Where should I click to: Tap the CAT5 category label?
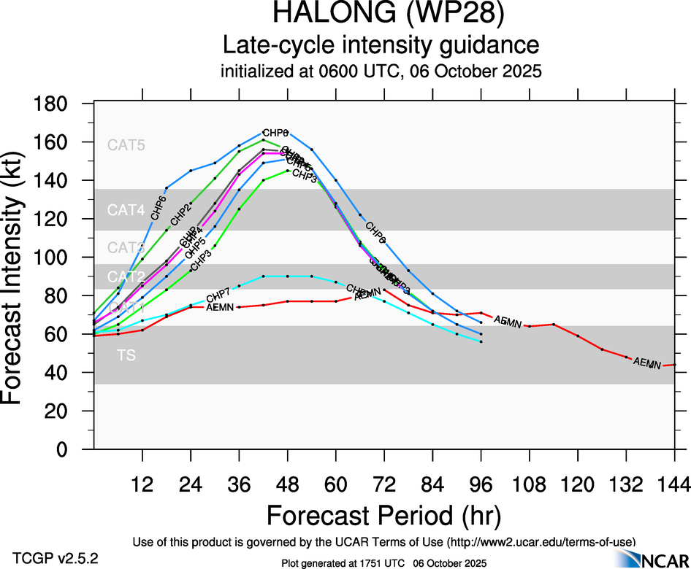point(126,145)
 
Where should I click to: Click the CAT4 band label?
point(126,211)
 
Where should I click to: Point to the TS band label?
point(126,355)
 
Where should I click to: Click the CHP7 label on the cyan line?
point(218,296)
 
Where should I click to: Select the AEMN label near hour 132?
point(647,363)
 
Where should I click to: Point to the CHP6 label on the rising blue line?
point(159,207)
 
